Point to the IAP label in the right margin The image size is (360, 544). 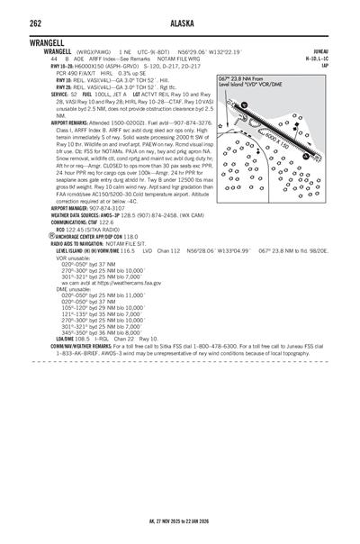pyautogui.click(x=346, y=65)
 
